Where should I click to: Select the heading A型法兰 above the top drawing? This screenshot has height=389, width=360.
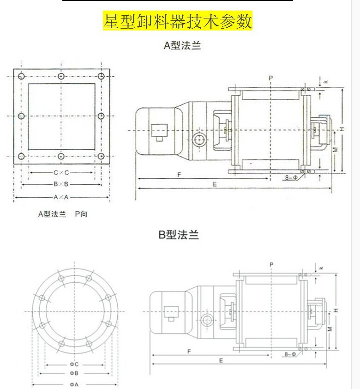(183, 46)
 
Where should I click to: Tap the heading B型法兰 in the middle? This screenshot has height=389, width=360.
(179, 235)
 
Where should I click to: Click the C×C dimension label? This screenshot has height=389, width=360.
(61, 173)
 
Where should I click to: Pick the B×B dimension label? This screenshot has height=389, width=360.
(61, 184)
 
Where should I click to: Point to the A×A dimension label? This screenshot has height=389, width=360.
(61, 197)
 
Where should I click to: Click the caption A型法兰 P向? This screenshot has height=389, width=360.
(62, 214)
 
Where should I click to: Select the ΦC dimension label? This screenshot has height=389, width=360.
(74, 365)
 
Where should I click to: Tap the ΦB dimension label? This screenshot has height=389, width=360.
(74, 373)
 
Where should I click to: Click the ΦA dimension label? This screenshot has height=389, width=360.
(74, 384)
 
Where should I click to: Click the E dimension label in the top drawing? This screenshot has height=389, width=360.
(215, 184)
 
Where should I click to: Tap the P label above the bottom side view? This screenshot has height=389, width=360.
(271, 264)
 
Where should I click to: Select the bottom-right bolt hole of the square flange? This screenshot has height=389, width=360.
(101, 157)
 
